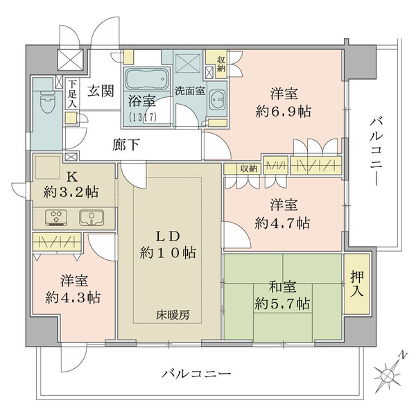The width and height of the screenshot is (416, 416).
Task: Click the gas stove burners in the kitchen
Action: tap(56, 218)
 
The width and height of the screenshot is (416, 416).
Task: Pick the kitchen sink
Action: tap(90, 218)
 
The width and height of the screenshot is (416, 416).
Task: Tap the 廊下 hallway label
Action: tap(128, 146)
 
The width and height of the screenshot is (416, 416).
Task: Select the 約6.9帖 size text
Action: tap(282, 113)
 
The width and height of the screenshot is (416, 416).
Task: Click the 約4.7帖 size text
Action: tap(282, 223)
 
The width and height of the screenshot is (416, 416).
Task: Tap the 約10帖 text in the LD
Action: tap(168, 254)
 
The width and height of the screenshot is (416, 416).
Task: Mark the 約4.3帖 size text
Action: tap(73, 298)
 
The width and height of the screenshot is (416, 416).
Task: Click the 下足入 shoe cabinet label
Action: tap(71, 93)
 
